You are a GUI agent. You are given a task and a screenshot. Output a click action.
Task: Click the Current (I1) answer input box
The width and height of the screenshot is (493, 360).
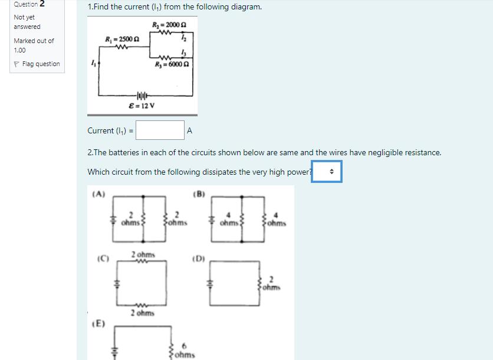pyautogui.click(x=160, y=130)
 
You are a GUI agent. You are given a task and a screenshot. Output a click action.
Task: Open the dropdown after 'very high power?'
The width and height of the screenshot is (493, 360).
pyautogui.click(x=327, y=172)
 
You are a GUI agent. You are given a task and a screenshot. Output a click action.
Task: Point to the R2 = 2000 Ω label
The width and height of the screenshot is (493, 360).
pyautogui.click(x=165, y=24)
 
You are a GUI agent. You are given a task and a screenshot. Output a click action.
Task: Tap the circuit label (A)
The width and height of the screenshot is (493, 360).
pyautogui.click(x=98, y=193)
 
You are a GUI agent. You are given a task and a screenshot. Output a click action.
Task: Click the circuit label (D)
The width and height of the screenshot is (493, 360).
pyautogui.click(x=199, y=258)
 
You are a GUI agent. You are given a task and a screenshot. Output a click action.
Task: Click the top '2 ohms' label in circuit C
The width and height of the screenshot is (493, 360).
pyautogui.click(x=143, y=254)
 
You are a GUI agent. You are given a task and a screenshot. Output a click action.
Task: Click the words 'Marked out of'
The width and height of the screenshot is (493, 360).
pyautogui.click(x=34, y=41)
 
